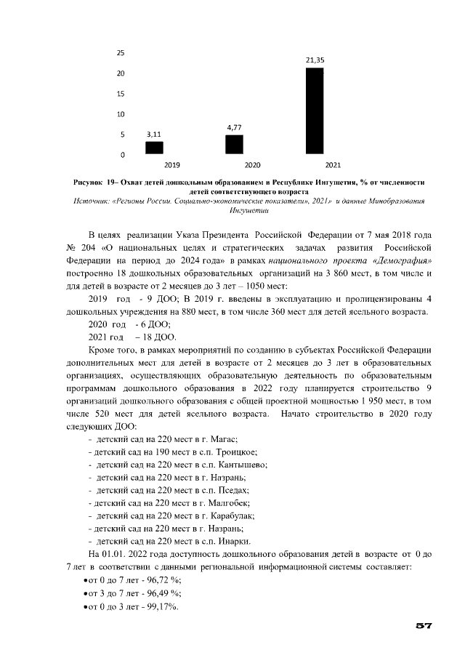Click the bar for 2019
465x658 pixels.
click(154, 148)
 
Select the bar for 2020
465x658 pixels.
click(234, 145)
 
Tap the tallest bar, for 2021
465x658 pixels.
click(314, 111)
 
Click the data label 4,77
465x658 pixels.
click(234, 127)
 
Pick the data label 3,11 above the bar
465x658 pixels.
click(154, 135)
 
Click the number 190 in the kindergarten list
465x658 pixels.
click(153, 452)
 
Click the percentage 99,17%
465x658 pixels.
click(161, 606)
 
